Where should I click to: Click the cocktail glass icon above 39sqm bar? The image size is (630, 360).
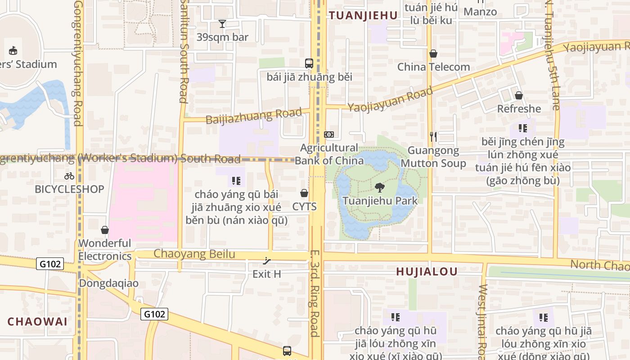tap(222, 23)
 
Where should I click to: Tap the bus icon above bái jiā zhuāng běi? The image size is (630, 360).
tap(309, 63)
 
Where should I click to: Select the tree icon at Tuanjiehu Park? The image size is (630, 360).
tap(380, 188)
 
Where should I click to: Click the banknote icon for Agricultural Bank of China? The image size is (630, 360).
tap(329, 135)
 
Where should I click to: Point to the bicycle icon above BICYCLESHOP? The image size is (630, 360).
tap(69, 176)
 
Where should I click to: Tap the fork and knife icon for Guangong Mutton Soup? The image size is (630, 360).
tap(433, 136)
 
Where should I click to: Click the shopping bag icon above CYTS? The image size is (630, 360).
tap(304, 193)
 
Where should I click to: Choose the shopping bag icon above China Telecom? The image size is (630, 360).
tap(433, 54)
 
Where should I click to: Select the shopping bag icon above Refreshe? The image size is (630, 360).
tap(519, 95)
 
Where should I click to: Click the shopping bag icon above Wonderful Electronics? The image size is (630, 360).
tap(105, 230)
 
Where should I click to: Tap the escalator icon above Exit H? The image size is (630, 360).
tap(267, 261)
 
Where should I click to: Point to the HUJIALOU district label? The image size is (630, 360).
tap(427, 271)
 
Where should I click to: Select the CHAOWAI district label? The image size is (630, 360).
tap(37, 321)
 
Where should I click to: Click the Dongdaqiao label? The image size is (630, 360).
tap(108, 283)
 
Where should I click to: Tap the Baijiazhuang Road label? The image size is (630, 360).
tap(253, 116)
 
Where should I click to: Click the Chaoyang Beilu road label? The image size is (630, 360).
tap(194, 254)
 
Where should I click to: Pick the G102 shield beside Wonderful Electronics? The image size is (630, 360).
tap(50, 264)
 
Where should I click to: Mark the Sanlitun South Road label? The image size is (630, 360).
tap(183, 52)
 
